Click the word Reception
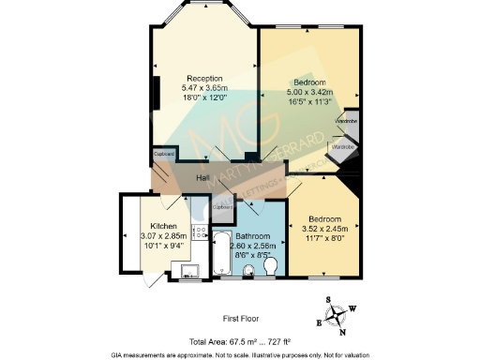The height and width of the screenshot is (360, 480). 203,78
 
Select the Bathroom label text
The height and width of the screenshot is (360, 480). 253,236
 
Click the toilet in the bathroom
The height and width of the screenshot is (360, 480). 272,268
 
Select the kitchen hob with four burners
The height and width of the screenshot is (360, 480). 199,232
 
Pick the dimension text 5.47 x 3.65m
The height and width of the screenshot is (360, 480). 203,87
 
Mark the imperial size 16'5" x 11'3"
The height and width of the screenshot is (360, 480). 308,103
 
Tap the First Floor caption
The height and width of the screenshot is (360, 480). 241,319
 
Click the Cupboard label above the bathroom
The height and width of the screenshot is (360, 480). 223,206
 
